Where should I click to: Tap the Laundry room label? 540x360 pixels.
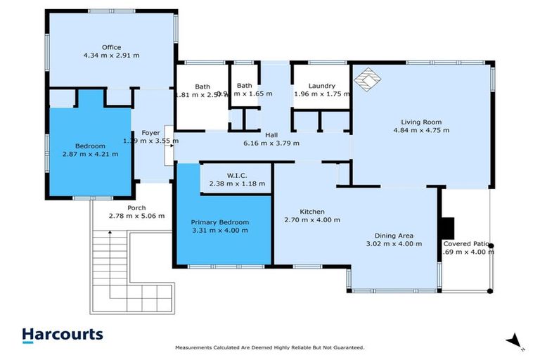(321, 86)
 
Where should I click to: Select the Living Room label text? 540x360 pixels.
(421, 120)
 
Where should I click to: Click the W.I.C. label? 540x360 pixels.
(237, 175)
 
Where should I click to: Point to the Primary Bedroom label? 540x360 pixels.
(220, 221)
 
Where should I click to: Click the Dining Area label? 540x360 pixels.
(393, 235)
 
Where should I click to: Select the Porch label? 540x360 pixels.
(136, 207)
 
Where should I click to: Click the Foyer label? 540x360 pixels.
(150, 131)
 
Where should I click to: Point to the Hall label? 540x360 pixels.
(271, 134)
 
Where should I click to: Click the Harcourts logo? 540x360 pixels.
(62, 335)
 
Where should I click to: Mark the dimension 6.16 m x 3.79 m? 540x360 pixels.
(271, 143)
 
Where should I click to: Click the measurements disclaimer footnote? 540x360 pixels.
(269, 348)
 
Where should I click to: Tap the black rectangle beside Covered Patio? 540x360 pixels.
(446, 228)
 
